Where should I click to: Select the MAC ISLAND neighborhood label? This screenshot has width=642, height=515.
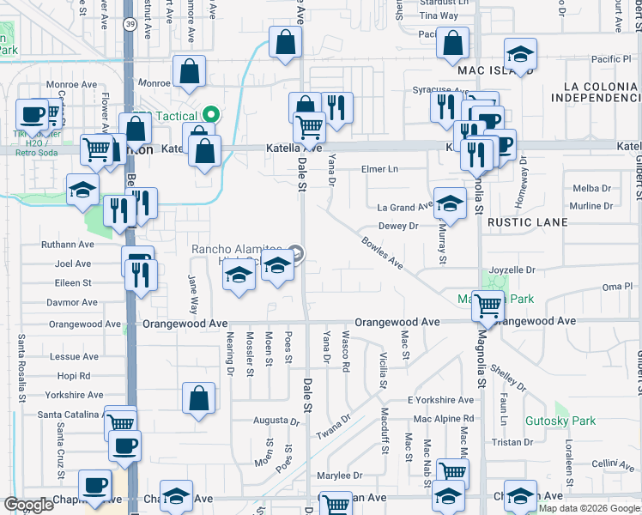[489, 70]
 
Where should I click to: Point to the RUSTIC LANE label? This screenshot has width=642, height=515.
[527, 222]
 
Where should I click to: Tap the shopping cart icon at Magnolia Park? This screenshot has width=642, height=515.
[488, 304]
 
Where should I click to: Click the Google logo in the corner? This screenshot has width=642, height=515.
[28, 505]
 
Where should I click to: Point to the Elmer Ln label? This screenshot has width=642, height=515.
[379, 169]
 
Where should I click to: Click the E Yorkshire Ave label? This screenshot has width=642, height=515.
[440, 401]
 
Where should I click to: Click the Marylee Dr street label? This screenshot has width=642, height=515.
[339, 475]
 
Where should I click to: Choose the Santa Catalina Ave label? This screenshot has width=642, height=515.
[53, 415]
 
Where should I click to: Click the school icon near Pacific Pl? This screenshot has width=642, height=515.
[519, 54]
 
